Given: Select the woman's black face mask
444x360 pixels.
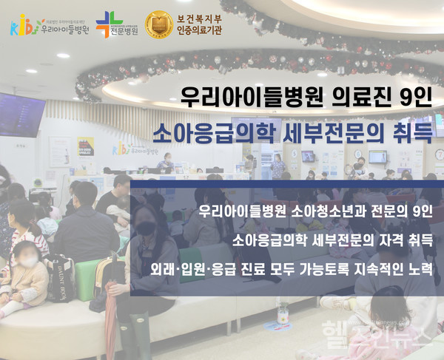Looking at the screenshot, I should point(146,230).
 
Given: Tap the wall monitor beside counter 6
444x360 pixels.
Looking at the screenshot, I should point(377,157).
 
